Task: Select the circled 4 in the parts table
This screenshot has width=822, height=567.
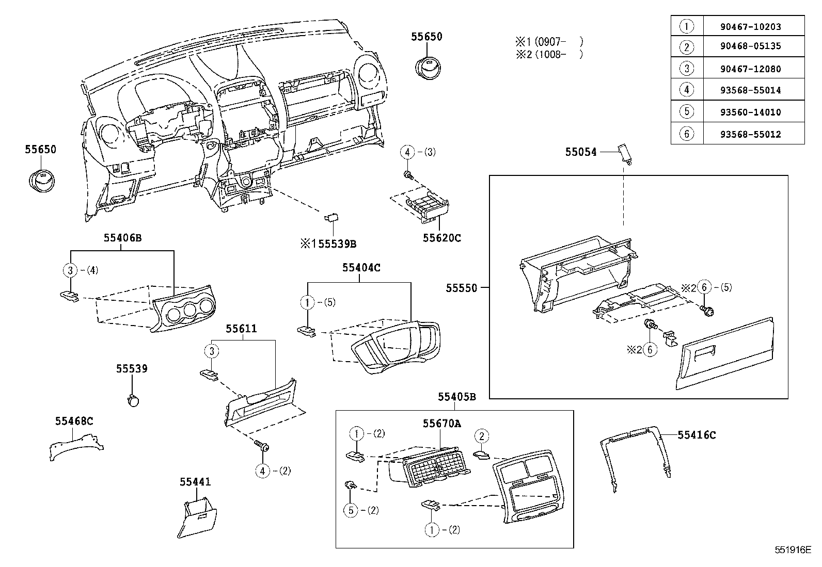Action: point(686,90)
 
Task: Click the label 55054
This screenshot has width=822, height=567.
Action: point(580,152)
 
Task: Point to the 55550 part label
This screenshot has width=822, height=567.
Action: point(462,288)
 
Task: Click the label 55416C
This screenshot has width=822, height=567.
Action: point(697,435)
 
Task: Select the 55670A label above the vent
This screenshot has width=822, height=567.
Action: point(441,424)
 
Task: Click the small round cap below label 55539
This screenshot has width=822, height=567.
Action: point(134,400)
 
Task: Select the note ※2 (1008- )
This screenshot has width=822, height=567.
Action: point(548,54)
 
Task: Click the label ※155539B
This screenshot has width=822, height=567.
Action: point(328,244)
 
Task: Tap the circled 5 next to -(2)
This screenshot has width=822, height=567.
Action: point(351,510)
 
